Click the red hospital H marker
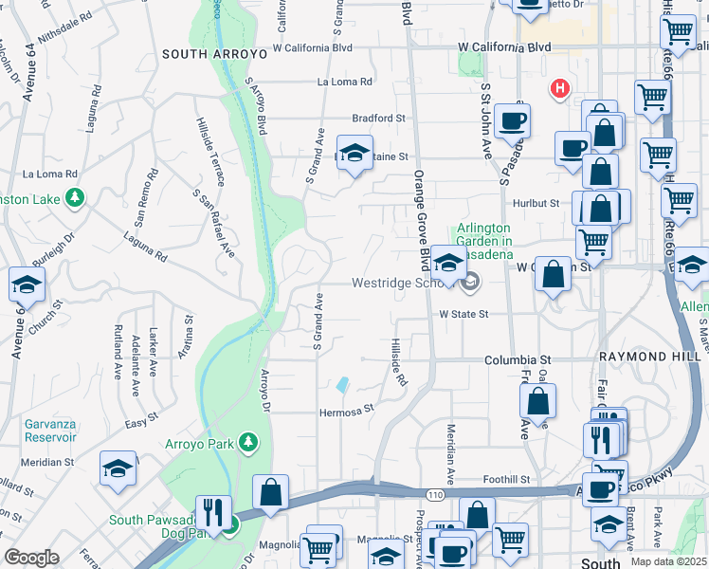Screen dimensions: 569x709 [x=560, y=89]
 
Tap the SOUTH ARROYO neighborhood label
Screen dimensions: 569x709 [x=214, y=55]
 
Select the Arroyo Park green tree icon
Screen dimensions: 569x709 [x=248, y=442]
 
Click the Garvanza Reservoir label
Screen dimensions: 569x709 [x=38, y=432]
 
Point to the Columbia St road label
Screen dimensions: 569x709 [x=518, y=360]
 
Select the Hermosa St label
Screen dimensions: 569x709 [x=347, y=412]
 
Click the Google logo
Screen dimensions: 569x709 [x=31, y=557]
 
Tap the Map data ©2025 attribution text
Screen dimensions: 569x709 [x=668, y=561]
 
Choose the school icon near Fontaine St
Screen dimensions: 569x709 [x=354, y=154]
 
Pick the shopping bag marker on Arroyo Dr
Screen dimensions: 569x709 [x=270, y=492]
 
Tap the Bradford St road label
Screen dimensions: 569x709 [x=378, y=119]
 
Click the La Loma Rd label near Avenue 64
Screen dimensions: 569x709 [x=49, y=174]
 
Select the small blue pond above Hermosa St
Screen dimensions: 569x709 [x=341, y=385]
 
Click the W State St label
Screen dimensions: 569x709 [x=463, y=314]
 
